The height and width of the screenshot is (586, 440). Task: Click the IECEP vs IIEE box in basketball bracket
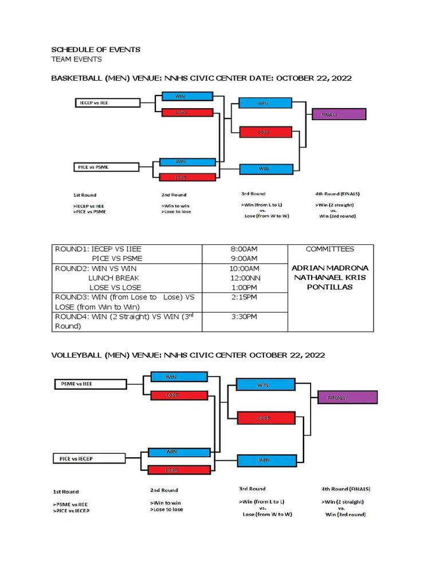point(108,103)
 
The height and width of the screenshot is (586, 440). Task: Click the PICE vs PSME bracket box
point(107,167)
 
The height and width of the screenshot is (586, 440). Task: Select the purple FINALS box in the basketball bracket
point(339,114)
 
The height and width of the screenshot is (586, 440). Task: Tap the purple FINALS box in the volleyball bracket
point(347,397)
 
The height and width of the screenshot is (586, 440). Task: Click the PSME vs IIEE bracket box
point(89,384)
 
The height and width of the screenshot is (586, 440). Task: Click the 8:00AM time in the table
point(244,250)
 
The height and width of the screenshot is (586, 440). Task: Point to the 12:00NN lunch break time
point(244,278)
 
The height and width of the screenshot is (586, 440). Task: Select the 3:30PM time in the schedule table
point(244,316)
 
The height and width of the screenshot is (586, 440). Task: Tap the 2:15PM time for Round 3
point(244,298)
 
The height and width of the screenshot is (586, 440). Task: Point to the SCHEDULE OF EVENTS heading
point(96,50)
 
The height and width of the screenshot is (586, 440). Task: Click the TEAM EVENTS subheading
point(77,59)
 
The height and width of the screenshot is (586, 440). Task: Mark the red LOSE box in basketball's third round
point(263,132)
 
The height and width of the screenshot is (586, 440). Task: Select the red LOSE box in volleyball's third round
point(263,418)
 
